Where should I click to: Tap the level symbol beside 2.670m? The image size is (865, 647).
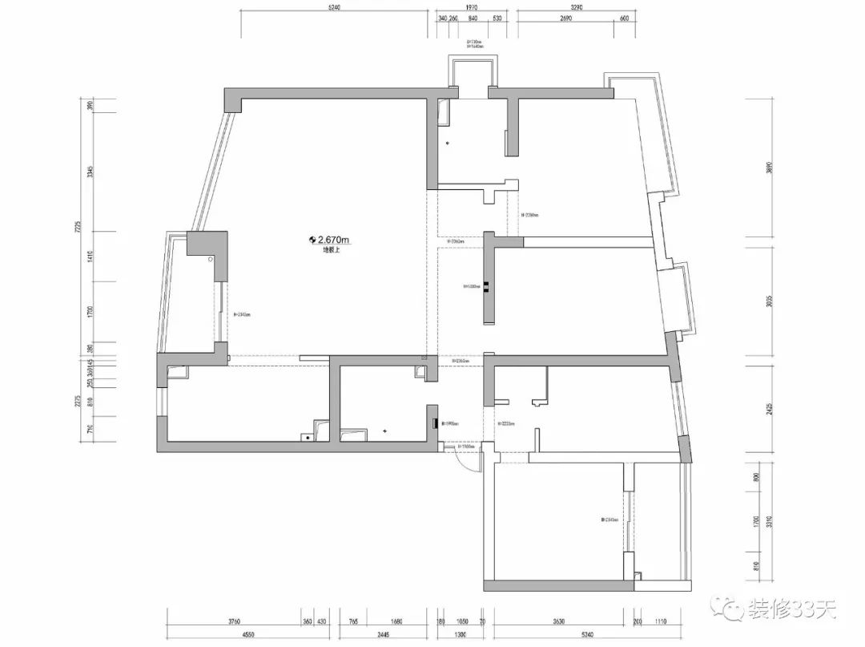click(x=312, y=239)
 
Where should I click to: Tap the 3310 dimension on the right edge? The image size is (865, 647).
click(x=769, y=527)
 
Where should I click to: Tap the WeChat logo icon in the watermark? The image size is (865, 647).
click(x=731, y=611)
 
